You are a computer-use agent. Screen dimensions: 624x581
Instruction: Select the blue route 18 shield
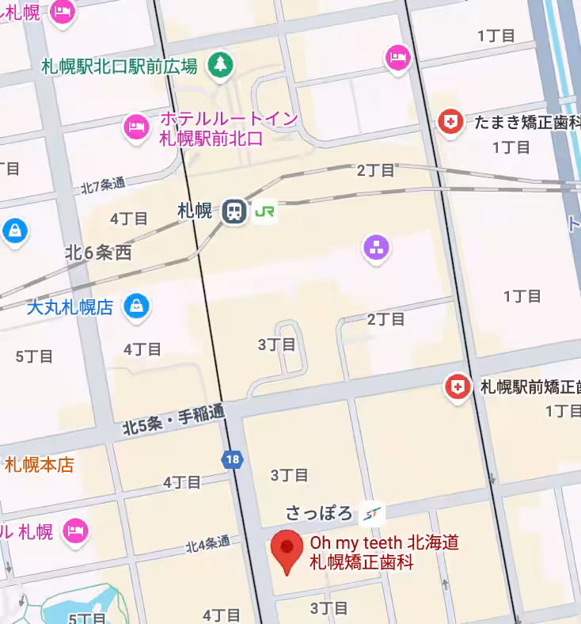coord(232,460)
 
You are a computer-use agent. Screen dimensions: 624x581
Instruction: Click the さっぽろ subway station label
coord(319,513)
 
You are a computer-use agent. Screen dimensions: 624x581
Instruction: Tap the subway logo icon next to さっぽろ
coord(370,515)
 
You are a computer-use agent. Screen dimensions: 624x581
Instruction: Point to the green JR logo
coord(265,211)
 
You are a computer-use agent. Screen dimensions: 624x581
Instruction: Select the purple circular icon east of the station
coord(377,248)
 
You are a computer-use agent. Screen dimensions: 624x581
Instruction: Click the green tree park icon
coord(218,66)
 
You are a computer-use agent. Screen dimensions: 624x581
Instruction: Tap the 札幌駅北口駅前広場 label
coord(119,67)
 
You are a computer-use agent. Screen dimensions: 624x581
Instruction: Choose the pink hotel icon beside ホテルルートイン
coord(136,126)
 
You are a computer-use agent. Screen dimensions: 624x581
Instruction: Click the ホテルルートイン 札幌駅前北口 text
coord(228,128)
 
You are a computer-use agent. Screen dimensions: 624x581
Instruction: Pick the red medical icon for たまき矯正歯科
coord(450,122)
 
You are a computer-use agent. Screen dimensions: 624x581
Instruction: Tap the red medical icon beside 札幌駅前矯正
coord(457,387)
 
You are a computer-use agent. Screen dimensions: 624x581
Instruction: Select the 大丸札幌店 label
coord(70,307)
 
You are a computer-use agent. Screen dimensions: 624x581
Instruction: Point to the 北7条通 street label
coord(103,185)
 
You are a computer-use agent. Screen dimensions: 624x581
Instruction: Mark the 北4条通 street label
coord(207,544)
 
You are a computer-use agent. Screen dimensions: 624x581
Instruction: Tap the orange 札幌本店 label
coord(40,465)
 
